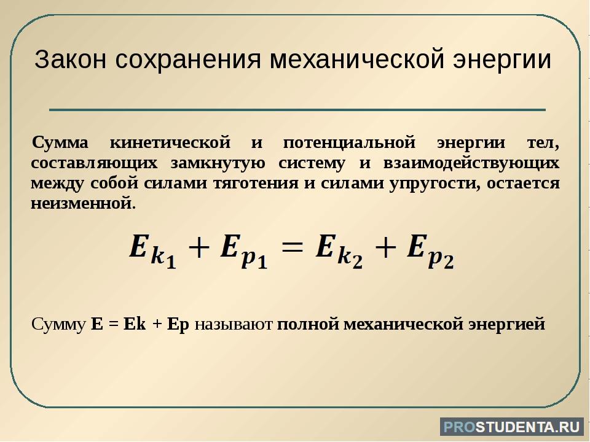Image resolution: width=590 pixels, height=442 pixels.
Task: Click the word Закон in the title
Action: (70, 60)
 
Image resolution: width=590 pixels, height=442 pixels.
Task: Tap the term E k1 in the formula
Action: (152, 250)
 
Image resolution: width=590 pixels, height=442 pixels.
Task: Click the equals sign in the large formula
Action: (291, 247)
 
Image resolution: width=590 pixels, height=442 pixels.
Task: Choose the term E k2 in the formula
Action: (339, 250)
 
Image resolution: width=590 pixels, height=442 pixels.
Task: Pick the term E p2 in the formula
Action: (430, 250)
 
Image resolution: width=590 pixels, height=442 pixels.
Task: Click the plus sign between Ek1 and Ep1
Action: (198, 247)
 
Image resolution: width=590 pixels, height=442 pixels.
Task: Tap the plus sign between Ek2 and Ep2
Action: (385, 247)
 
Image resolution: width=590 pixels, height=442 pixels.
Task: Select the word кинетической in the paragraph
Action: (170, 143)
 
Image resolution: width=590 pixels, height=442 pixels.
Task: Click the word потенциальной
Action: (349, 143)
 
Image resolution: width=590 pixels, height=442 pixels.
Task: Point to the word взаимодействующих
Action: (471, 163)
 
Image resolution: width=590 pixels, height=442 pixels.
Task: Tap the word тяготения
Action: (256, 184)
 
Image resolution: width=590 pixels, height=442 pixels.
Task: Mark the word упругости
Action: (435, 184)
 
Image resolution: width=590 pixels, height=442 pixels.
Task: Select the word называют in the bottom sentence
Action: (234, 324)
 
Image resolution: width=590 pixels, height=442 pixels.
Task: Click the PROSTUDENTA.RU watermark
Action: (512, 427)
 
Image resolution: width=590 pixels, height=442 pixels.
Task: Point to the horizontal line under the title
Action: (297, 110)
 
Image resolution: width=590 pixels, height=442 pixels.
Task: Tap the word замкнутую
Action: (218, 163)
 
